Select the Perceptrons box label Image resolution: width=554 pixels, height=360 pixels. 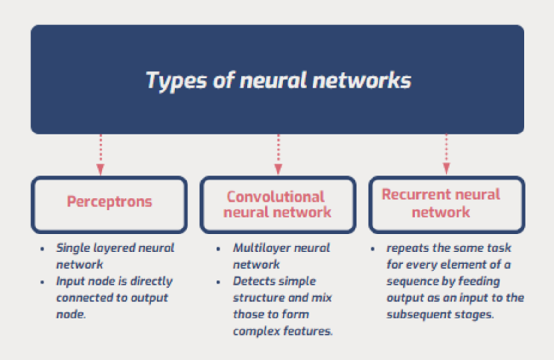tap(109, 202)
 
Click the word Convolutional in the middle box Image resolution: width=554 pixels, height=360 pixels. tap(275, 197)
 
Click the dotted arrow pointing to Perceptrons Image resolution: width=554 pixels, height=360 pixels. tap(100, 155)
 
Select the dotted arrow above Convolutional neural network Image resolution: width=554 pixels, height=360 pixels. tap(278, 155)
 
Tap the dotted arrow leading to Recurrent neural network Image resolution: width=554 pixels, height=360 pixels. tap(446, 155)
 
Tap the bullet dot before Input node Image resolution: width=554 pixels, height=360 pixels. tap(42, 282)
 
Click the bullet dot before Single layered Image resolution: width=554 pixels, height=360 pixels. tap(42, 249)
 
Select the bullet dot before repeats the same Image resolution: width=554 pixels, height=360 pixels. tap(373, 249)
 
